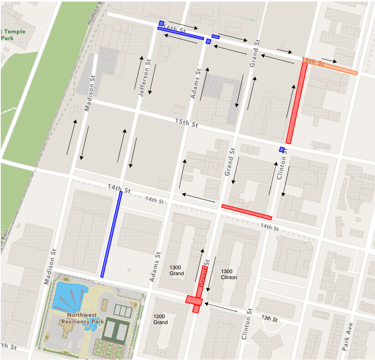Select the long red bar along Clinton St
coord(297,103)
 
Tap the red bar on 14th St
coord(247,212)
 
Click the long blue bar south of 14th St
coord(111,234)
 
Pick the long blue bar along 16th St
coord(181,33)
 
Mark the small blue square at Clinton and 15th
coord(282,149)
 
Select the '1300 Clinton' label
coord(229,274)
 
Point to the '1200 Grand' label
coord(160,319)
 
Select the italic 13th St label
coord(270,318)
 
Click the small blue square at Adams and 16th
coord(208,41)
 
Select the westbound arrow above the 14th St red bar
coord(198,198)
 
